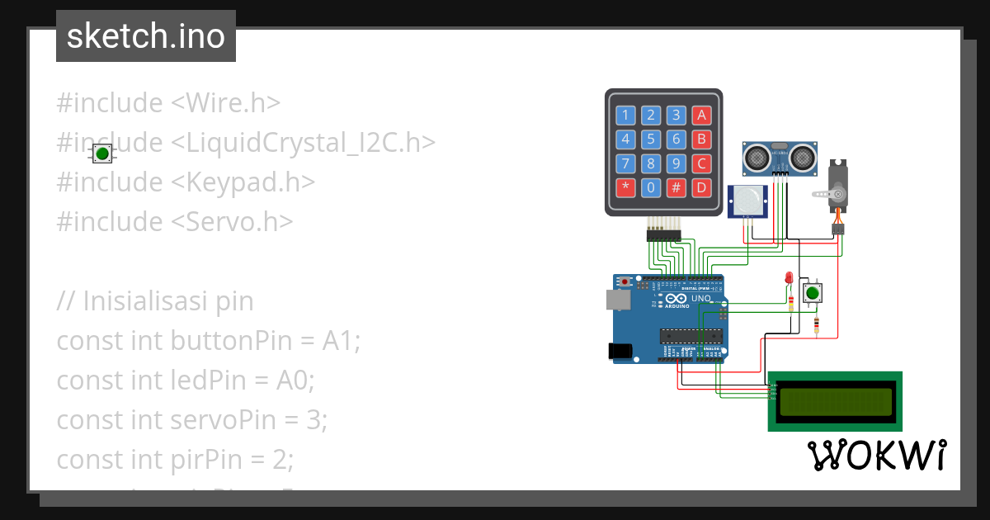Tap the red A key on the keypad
click(701, 115)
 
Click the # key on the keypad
click(676, 187)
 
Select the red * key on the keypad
click(625, 187)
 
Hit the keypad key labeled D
click(701, 187)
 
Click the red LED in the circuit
click(789, 278)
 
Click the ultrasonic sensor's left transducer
click(756, 154)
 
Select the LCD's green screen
click(837, 401)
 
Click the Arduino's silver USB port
click(616, 300)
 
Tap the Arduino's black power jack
click(620, 351)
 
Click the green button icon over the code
click(102, 154)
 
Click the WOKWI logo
click(876, 456)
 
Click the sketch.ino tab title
click(146, 36)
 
